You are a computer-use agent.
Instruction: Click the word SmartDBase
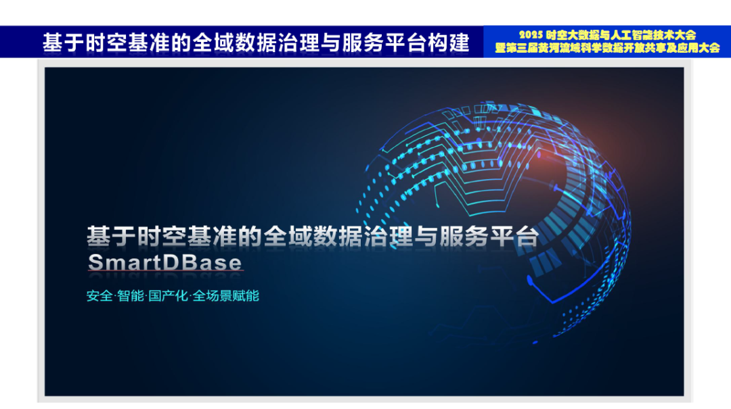(x=164, y=262)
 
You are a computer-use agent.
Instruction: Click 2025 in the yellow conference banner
(x=531, y=34)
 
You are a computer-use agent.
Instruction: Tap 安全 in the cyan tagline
(x=99, y=296)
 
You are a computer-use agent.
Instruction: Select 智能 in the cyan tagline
(x=131, y=296)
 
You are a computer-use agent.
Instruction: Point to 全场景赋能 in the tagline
(x=226, y=296)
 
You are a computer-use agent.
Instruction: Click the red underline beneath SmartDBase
(x=164, y=273)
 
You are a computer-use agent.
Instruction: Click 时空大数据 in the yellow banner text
(x=569, y=34)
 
